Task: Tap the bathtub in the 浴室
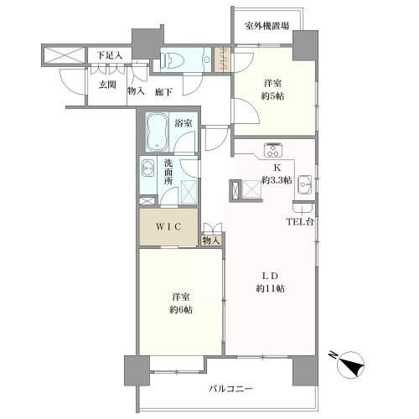point(157,132)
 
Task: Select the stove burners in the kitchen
point(274,150)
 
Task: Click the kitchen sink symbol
point(305,184)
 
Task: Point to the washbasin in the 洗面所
point(148,168)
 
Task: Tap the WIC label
point(168,227)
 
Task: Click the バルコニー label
point(230,389)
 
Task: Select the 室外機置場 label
point(267,26)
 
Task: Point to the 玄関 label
point(107,85)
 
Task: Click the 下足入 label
point(110,55)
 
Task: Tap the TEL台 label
point(300,222)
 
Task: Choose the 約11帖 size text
point(271,288)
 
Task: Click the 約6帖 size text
point(181,309)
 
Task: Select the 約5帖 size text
point(273,96)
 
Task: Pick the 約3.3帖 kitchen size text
point(277,180)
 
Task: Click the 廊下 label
point(164,92)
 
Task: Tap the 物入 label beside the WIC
point(211,241)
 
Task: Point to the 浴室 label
point(184,123)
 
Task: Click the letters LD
point(270,276)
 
